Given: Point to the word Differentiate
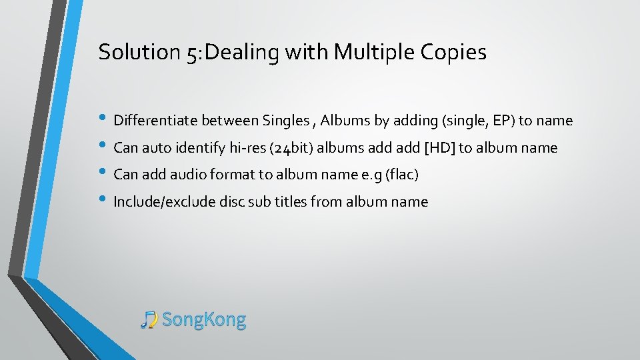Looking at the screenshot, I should click(x=156, y=121).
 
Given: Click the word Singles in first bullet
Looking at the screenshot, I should click(x=285, y=121).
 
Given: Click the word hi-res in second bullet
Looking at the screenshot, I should click(x=245, y=148).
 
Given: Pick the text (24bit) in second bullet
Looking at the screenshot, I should click(x=290, y=148).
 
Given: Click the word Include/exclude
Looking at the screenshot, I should click(x=165, y=202).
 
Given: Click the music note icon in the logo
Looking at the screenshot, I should click(x=149, y=320).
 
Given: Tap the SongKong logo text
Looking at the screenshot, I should click(x=204, y=320).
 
